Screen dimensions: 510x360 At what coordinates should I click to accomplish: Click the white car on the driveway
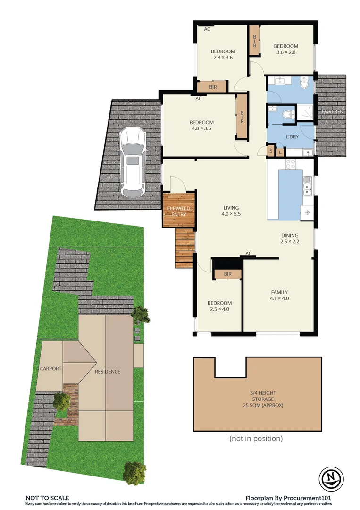[x=132, y=163]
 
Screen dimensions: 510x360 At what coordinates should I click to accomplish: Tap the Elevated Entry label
[x=179, y=211]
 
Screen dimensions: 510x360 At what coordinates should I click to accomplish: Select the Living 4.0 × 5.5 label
[x=231, y=211]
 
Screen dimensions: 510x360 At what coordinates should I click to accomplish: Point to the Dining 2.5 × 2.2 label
[x=290, y=238]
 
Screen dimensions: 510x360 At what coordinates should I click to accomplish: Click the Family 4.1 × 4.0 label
[x=279, y=295]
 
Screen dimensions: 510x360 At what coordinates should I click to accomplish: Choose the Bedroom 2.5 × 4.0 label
[x=220, y=306]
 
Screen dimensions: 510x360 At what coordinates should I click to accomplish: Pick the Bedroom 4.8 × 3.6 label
[x=202, y=126]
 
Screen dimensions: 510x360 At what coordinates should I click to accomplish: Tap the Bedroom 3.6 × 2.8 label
[x=286, y=49]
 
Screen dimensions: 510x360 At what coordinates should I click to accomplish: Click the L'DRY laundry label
[x=292, y=137]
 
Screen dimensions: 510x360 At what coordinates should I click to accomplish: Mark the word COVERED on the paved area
[x=332, y=111]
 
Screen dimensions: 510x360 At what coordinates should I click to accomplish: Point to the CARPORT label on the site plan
[x=50, y=369]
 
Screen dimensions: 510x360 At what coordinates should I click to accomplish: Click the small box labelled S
[x=271, y=152]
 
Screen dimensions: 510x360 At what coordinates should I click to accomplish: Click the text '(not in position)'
[x=256, y=439]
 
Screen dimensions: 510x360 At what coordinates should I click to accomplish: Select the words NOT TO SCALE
[x=47, y=498]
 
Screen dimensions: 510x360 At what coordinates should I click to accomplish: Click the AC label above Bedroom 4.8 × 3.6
[x=199, y=99]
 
